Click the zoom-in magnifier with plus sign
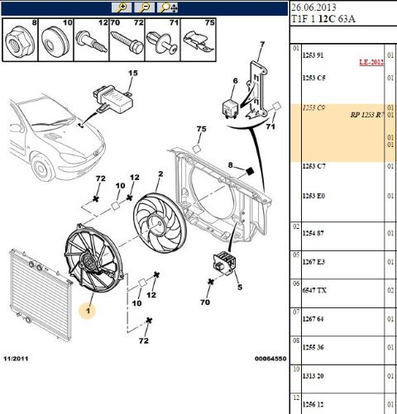pyautogui.click(x=123, y=7)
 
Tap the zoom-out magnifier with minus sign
pyautogui.click(x=145, y=7)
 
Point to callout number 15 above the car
pyautogui.click(x=130, y=74)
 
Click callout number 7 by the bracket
pyautogui.click(x=261, y=45)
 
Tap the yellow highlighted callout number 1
pyautogui.click(x=87, y=311)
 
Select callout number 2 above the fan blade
pyautogui.click(x=160, y=174)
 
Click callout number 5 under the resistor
pyautogui.click(x=239, y=288)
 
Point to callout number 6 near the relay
pyautogui.click(x=235, y=80)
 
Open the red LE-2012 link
pyautogui.click(x=370, y=62)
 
